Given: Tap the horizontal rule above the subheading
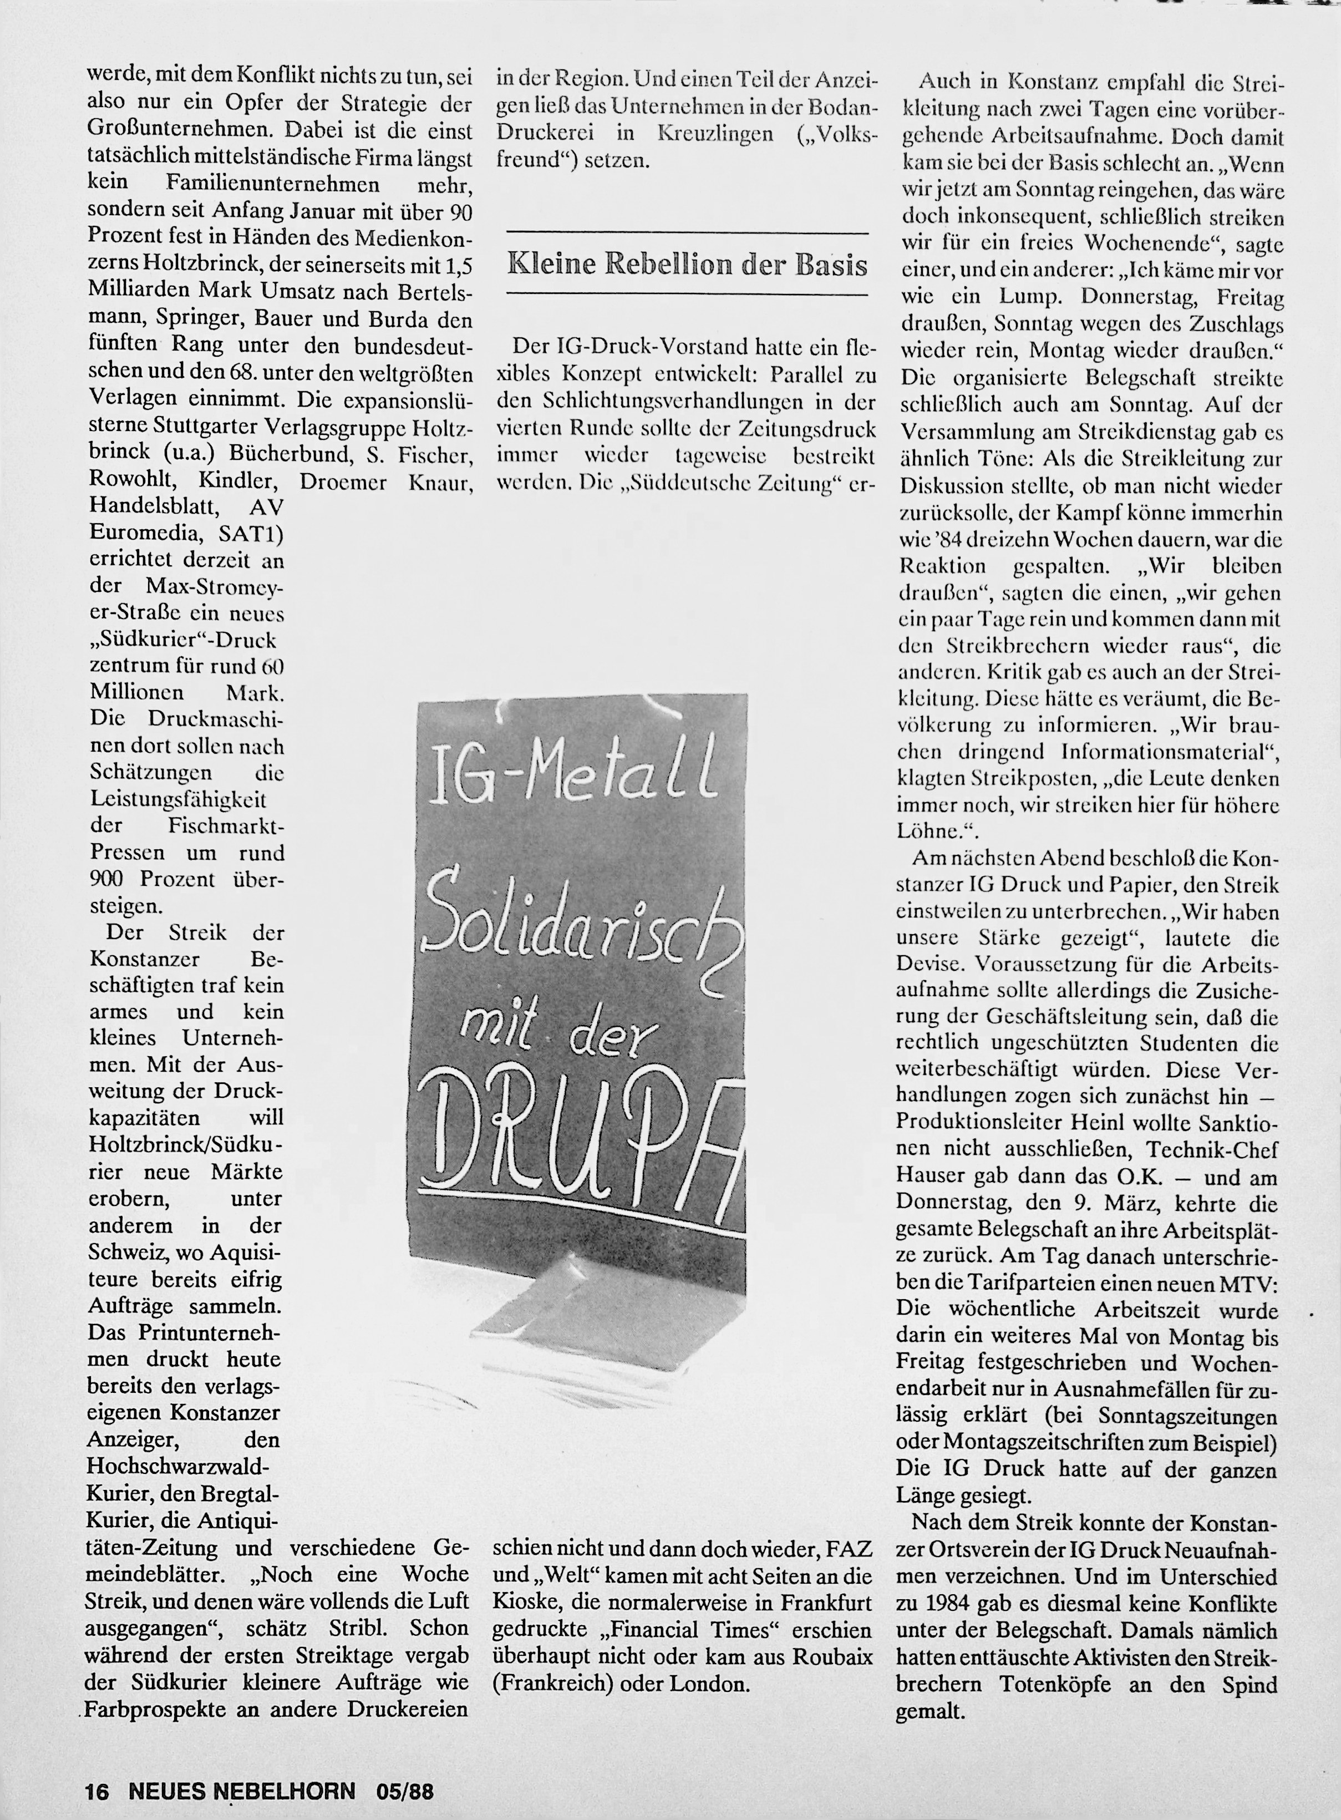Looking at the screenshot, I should point(687,234).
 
